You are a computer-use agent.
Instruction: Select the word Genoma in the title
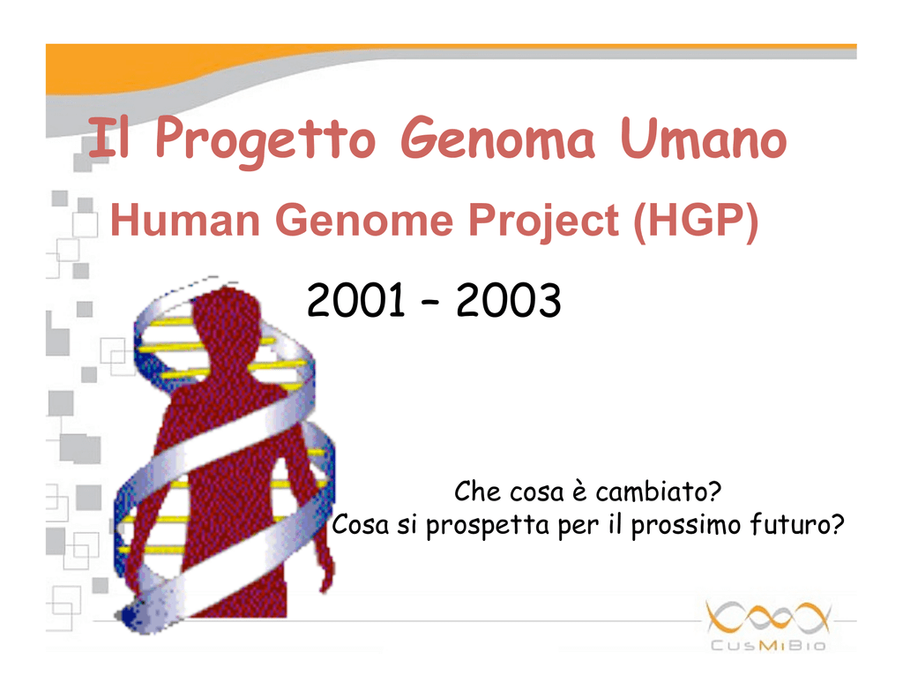[497, 139]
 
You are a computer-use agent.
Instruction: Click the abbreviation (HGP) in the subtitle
[696, 221]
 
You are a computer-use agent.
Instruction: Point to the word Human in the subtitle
[185, 220]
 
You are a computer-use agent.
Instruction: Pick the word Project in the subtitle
[543, 221]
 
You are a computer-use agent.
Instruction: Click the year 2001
[356, 300]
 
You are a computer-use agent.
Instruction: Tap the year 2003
[509, 300]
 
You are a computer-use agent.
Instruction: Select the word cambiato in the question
[658, 492]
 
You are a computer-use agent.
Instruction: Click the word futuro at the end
[797, 524]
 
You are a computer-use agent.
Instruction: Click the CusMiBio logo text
[768, 645]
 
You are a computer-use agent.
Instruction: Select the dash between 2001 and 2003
[430, 302]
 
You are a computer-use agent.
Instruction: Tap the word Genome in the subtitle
[364, 220]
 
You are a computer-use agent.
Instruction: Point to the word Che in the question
[477, 492]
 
